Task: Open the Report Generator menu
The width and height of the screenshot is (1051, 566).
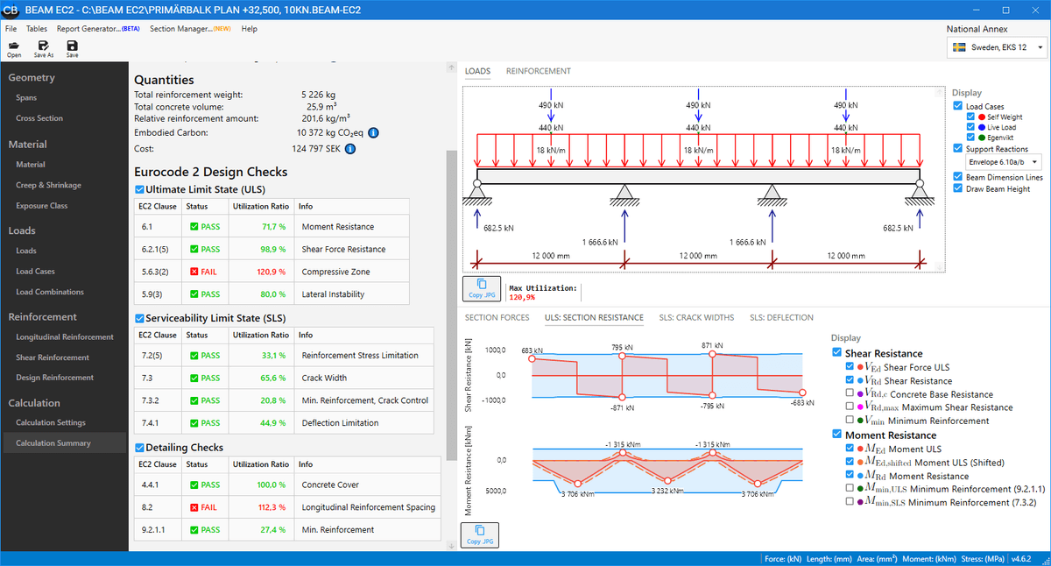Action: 92,29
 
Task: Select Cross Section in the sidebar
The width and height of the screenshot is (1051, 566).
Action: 39,118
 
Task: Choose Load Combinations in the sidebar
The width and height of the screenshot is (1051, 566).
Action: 50,292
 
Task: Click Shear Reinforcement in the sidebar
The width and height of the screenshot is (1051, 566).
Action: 53,357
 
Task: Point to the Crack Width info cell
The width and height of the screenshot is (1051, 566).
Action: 324,378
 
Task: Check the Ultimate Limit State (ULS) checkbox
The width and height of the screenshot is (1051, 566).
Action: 139,189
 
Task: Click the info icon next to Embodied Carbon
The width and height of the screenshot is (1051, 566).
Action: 372,132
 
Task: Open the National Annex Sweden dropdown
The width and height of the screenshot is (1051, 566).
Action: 998,47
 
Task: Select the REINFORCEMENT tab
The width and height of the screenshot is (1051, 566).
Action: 538,71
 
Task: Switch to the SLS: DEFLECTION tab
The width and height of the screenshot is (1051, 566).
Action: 781,317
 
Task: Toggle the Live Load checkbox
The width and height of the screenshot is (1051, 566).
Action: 970,127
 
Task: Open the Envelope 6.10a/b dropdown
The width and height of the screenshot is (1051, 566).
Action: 1004,162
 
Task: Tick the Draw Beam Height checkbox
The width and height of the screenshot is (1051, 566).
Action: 958,188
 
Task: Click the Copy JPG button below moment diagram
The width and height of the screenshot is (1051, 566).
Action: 481,534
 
